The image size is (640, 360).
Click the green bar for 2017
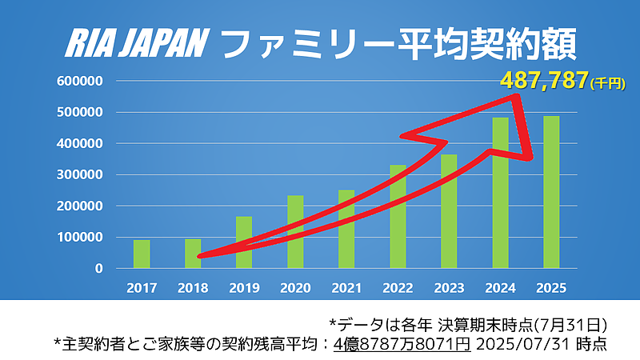coord(142,254)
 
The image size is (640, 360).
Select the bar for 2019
coord(244,242)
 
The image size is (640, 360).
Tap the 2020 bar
coord(295,232)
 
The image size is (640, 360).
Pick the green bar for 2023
coord(449,211)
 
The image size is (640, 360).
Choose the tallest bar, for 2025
coord(551,192)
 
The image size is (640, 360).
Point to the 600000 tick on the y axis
coord(80,81)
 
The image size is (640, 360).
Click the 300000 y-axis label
coord(80,174)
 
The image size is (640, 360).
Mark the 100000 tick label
coord(80,238)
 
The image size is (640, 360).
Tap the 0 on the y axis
coord(99,269)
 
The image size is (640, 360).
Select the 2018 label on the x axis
coord(193,286)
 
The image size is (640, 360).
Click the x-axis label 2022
coord(398,286)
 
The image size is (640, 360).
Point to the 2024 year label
coord(500,286)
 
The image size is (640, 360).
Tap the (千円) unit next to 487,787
coord(606,82)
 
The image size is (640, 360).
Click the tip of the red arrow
coord(530,157)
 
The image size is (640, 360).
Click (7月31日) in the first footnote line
coord(566,323)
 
